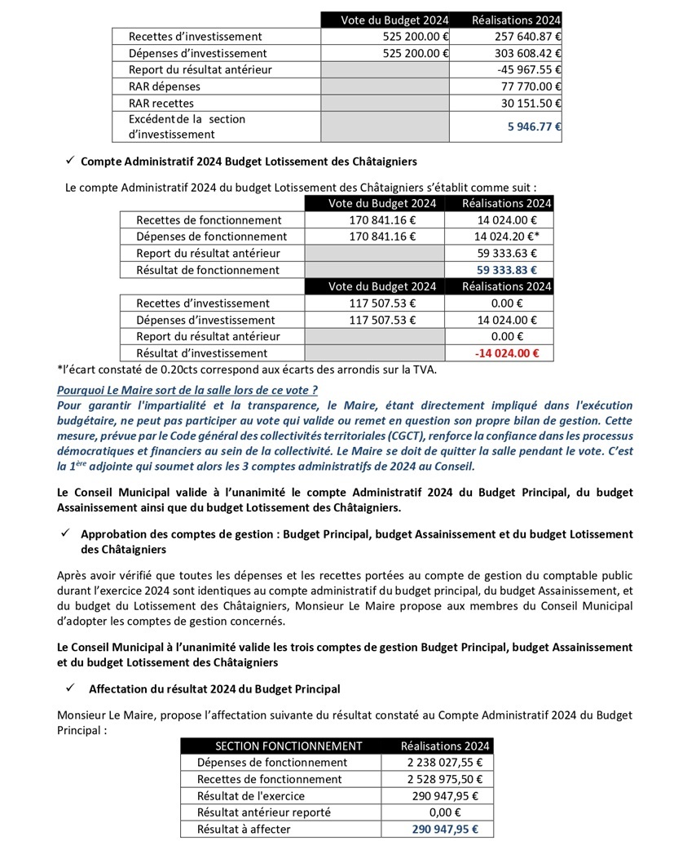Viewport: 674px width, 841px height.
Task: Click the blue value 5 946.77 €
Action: [x=529, y=126]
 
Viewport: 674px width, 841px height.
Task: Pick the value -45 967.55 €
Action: [x=531, y=69]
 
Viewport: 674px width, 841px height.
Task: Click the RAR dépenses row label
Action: [x=165, y=86]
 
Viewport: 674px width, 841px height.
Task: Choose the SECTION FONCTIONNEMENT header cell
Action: [x=289, y=746]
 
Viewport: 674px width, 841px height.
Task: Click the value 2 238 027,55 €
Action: [x=444, y=763]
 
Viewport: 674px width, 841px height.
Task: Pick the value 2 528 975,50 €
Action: [x=444, y=779]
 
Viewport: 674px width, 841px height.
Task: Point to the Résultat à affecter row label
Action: [x=244, y=829]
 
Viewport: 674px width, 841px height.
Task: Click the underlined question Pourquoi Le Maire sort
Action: [x=187, y=390]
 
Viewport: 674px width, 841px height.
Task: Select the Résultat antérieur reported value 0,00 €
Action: [x=445, y=812]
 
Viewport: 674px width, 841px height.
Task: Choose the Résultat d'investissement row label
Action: [x=202, y=353]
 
